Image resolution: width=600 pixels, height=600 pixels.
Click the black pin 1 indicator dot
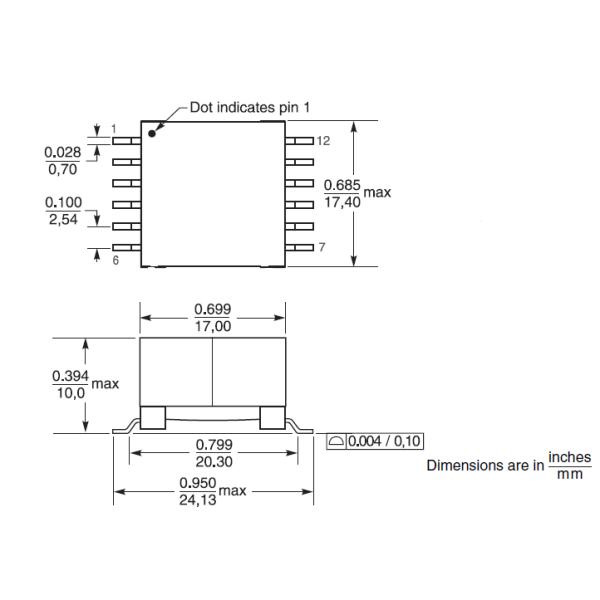coord(152,131)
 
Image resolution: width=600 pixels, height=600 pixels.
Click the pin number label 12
coord(323,142)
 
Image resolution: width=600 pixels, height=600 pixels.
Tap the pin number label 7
coord(321,247)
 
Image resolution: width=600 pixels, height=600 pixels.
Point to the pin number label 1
coord(114,129)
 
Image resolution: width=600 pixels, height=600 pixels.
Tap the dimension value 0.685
coord(342,185)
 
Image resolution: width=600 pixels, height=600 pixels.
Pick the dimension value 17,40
coord(342,201)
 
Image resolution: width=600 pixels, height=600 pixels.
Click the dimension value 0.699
coord(212,310)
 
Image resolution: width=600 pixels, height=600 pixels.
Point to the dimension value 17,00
coord(212,326)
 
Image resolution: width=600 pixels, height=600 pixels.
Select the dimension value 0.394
coord(69,376)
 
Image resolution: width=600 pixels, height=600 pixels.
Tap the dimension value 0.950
coord(196,483)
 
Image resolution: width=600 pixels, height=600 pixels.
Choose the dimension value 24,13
coord(196,500)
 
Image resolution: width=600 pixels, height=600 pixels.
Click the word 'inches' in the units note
coord(570,456)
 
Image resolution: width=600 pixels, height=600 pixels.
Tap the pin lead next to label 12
coord(299,142)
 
